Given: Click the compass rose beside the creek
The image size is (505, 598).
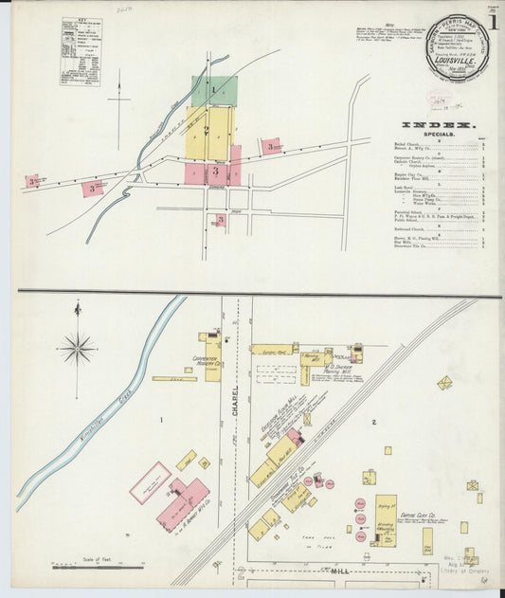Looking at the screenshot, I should [x=76, y=348].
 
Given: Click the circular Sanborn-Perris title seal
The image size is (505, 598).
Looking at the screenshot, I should [x=457, y=46].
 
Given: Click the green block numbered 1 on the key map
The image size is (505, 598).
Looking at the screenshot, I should [x=214, y=91].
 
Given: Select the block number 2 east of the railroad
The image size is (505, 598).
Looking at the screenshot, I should [x=375, y=421].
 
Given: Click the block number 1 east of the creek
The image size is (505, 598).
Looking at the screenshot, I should [x=162, y=419].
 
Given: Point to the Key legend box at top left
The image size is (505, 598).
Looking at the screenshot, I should [x=81, y=38].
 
